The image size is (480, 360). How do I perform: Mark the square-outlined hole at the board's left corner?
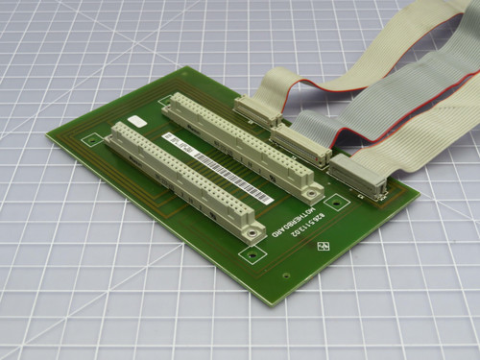point(92,140)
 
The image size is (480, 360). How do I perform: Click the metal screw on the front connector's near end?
point(252,231)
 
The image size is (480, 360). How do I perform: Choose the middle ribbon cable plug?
point(301,144)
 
